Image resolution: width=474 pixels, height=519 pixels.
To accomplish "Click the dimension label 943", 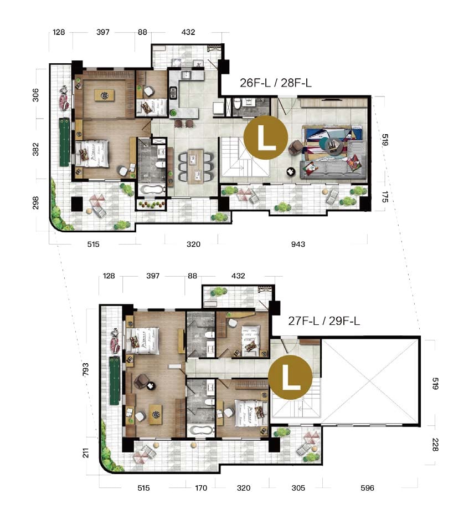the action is (298, 245).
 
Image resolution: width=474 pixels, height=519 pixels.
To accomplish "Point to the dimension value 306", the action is (35, 95).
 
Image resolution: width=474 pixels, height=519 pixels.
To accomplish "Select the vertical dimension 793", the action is (86, 369).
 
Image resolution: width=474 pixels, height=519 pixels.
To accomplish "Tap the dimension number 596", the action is (367, 488).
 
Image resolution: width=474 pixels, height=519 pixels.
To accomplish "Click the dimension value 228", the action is (435, 445).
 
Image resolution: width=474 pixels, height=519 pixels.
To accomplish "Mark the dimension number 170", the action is (201, 488).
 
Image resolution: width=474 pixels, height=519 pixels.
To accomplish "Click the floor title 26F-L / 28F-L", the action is (275, 83).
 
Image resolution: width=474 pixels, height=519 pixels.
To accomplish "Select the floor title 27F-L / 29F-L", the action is (324, 320).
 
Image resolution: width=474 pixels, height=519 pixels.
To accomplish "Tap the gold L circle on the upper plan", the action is (266, 138).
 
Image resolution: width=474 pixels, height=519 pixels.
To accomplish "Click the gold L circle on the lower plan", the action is (290, 378).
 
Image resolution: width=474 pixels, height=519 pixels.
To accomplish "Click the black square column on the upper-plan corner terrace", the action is (77, 204).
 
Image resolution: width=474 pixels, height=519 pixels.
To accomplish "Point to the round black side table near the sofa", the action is (291, 171).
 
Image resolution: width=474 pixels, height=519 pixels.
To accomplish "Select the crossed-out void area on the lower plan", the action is (370, 380).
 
